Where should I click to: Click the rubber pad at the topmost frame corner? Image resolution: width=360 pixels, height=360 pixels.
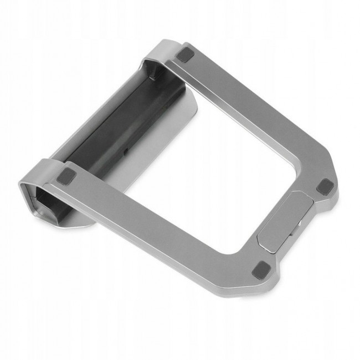click(185, 54)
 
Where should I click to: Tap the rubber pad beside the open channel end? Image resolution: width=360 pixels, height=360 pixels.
click(67, 178)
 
